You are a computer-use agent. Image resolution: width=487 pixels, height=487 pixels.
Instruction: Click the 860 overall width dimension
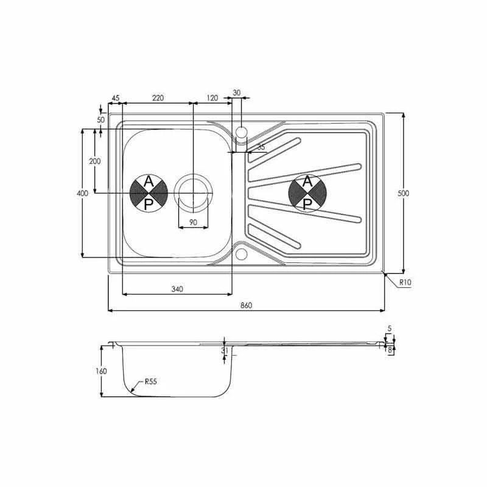pos(246,304)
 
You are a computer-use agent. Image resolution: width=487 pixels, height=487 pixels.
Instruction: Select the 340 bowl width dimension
pos(177,289)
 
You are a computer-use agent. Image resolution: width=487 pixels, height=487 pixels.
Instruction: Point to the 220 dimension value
pos(158,98)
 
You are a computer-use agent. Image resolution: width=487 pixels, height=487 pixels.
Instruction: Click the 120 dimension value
pos(212,98)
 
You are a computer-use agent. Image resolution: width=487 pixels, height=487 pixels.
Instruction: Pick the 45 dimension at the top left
pos(116,98)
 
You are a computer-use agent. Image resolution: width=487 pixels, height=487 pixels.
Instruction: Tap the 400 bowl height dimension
pos(83,193)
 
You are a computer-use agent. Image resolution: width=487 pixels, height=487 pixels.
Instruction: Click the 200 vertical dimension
pos(94,161)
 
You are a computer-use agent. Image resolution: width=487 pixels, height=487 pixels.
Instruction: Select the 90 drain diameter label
pos(193,222)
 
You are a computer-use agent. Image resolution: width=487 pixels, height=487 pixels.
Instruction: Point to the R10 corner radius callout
pos(405,282)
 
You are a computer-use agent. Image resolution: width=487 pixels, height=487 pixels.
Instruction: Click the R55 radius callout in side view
pos(151,382)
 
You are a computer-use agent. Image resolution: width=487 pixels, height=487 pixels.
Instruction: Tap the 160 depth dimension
pos(101,371)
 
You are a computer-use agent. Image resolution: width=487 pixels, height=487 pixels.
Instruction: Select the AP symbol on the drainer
pos(307,193)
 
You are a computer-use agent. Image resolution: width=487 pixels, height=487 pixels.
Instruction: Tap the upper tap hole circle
pos(241,131)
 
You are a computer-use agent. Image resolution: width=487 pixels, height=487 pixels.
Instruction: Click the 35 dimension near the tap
pos(261,147)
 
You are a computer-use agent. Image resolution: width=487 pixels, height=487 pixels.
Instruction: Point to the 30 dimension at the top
pos(237,93)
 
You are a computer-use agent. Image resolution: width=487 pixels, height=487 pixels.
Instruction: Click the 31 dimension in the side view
pos(225,351)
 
